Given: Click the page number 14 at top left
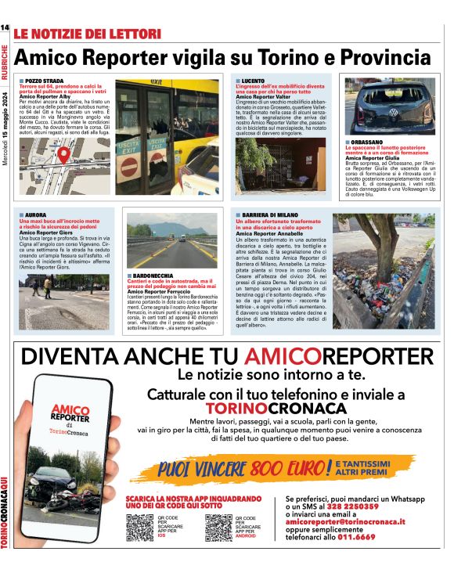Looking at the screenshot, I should click(x=5, y=28).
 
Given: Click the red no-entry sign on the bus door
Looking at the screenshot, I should click(x=128, y=166).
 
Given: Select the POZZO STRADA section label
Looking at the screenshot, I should click(x=44, y=81).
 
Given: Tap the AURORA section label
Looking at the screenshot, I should click(x=36, y=214).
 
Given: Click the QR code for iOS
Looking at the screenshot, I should click(x=140, y=527).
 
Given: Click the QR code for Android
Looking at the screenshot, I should click(x=218, y=527).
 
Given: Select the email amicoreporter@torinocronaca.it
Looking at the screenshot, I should click(x=345, y=521).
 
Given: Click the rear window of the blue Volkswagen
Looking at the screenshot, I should click(x=383, y=106).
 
